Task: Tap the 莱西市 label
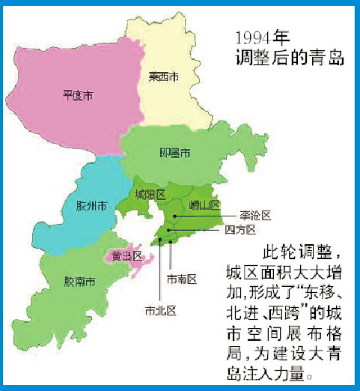click(163, 76)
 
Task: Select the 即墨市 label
click(176, 153)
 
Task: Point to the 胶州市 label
click(91, 205)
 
